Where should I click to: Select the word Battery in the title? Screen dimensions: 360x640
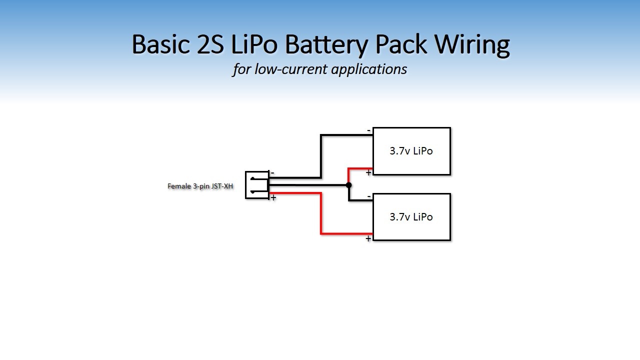(x=326, y=44)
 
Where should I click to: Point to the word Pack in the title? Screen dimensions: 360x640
(x=401, y=44)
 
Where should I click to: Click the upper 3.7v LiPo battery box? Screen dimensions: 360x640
(x=411, y=151)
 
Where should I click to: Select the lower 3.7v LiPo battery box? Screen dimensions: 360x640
(x=411, y=217)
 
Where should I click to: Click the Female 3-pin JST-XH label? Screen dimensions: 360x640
(x=200, y=186)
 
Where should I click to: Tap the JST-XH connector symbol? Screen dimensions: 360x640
(x=256, y=185)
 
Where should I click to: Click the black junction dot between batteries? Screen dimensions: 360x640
(x=348, y=185)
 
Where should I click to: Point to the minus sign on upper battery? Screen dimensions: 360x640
(x=369, y=130)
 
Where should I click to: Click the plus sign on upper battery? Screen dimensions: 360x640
(x=368, y=172)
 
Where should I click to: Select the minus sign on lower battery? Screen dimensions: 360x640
(x=369, y=196)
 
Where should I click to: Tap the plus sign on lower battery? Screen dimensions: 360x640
(x=368, y=238)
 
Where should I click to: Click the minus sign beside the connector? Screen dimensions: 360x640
(x=272, y=173)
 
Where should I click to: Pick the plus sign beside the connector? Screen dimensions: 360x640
(x=273, y=198)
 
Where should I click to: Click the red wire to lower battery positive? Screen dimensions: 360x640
(x=321, y=215)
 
